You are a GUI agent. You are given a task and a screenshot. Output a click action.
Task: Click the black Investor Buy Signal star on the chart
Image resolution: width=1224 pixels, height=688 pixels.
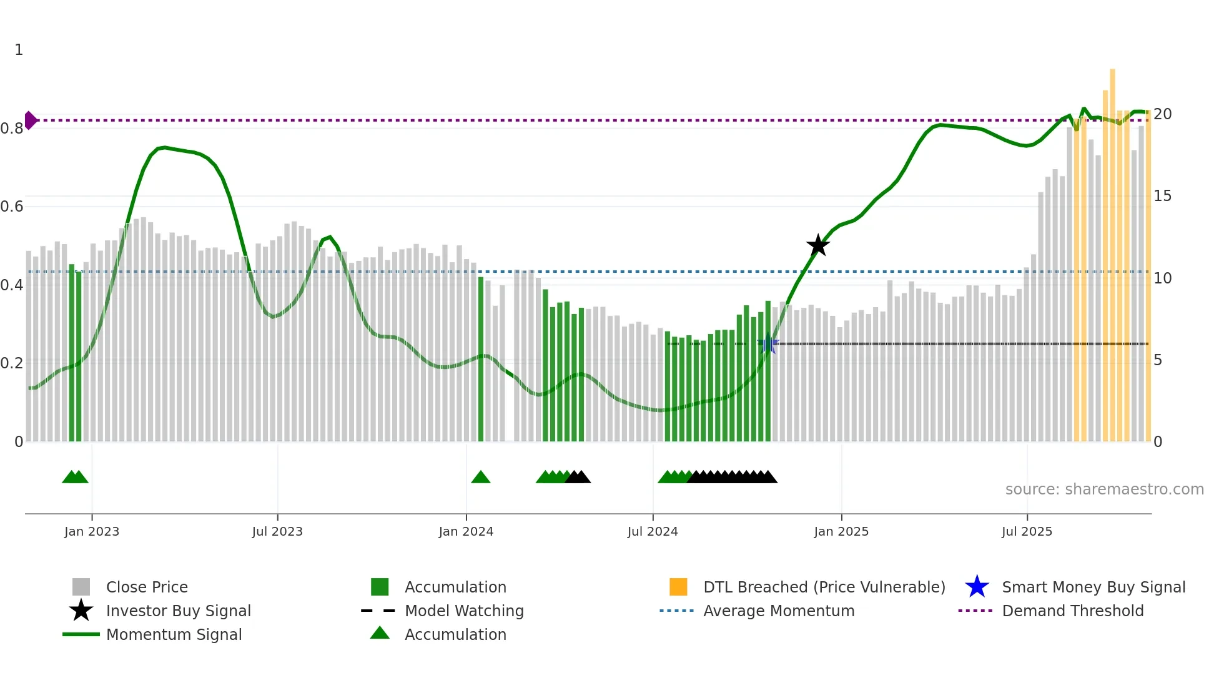click(817, 245)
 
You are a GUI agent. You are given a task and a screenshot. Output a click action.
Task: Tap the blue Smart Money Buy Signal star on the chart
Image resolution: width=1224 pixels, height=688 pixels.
click(769, 344)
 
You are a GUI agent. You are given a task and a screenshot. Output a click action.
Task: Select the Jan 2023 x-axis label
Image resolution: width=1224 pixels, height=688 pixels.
click(92, 531)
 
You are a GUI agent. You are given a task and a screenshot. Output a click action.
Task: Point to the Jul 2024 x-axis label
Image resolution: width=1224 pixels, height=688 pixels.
click(653, 531)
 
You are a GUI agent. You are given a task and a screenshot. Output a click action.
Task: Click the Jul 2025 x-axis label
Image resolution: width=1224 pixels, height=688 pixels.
click(1027, 531)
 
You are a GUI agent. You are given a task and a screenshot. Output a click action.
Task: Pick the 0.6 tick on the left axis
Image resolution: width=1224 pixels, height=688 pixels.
click(12, 207)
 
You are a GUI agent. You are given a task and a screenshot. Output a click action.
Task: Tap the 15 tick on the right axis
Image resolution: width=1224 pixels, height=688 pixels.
click(1162, 196)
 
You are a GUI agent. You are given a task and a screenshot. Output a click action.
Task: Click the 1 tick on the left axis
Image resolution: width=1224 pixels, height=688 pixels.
click(19, 50)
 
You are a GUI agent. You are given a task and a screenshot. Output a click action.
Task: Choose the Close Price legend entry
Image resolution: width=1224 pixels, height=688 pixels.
click(147, 587)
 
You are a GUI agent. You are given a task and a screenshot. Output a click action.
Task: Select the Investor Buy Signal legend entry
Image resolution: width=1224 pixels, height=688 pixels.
click(178, 611)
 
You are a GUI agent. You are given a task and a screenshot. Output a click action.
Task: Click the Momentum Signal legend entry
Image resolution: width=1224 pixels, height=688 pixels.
click(174, 634)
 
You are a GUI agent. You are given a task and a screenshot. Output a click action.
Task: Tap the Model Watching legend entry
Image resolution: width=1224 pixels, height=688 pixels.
click(464, 611)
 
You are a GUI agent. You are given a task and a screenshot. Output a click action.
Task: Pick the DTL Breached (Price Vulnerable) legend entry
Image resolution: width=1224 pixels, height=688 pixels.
click(824, 587)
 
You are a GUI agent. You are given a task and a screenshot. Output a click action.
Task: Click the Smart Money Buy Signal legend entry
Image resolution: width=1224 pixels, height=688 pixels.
click(1093, 587)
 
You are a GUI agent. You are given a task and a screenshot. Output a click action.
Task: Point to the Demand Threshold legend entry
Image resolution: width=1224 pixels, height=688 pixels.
click(1072, 611)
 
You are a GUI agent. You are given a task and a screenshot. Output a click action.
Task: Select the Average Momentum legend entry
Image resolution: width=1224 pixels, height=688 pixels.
click(778, 611)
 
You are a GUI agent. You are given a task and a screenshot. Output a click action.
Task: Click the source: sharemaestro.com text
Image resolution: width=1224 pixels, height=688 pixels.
click(1104, 489)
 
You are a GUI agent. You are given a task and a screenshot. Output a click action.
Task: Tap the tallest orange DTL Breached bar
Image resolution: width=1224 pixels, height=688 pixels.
click(1112, 250)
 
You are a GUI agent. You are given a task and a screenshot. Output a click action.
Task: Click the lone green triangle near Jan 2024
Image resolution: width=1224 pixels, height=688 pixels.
click(480, 478)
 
